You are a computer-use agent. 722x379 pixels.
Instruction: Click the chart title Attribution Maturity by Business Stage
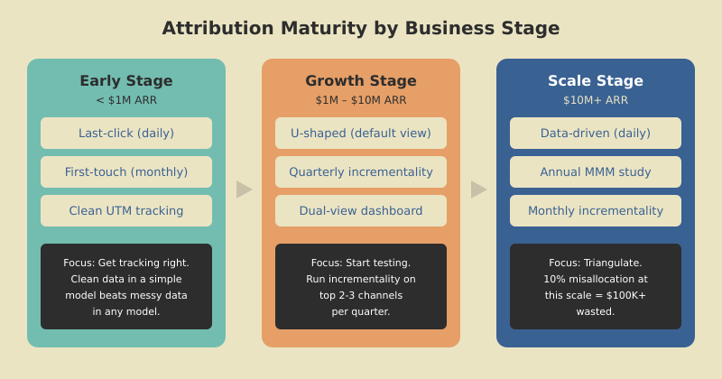point(361,28)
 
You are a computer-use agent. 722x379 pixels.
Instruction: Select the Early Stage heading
point(126,80)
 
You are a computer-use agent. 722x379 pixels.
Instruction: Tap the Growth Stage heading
point(361,80)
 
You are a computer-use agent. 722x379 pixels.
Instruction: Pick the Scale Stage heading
point(596,80)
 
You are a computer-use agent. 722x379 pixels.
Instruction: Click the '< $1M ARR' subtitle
point(126,100)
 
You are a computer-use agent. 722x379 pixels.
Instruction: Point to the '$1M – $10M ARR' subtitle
point(361,100)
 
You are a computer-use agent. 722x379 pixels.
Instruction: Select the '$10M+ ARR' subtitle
point(596,100)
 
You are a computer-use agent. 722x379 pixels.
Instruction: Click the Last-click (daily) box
point(126,133)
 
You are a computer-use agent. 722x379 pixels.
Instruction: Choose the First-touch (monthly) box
point(126,171)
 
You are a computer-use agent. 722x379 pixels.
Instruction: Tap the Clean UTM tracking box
point(126,210)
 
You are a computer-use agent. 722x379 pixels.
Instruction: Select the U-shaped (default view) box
point(361,133)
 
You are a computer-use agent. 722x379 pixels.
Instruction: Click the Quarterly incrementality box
point(361,171)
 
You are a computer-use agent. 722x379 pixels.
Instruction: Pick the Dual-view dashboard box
point(361,210)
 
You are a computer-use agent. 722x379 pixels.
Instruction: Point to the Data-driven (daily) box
point(596,133)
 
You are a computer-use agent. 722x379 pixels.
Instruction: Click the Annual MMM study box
point(596,171)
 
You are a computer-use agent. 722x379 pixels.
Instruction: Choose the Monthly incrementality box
point(596,210)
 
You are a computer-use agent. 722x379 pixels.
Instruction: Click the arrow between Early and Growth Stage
point(244,189)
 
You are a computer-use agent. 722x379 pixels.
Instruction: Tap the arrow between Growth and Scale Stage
point(478,189)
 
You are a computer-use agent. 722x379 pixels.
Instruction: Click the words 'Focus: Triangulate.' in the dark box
point(596,263)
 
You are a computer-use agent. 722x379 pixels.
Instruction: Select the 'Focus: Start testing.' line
point(361,263)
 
